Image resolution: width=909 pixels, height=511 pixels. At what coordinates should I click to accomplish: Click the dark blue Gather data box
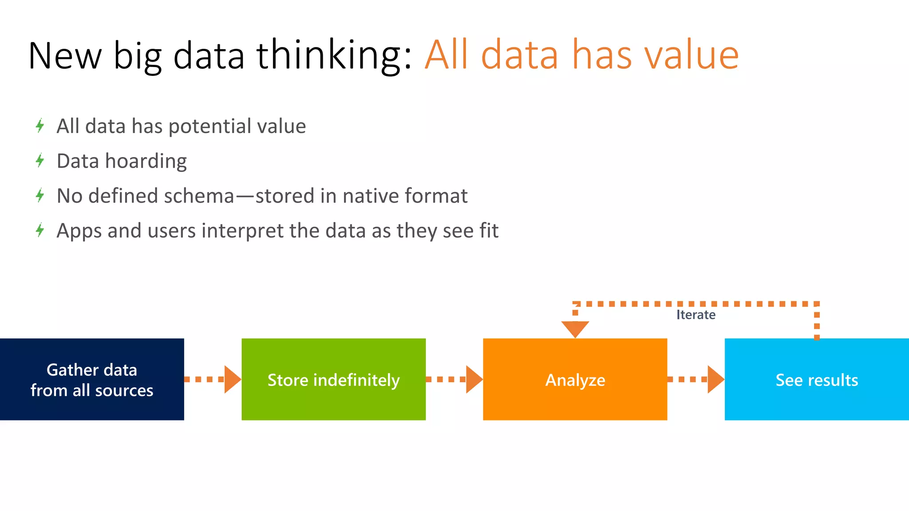pos(92,379)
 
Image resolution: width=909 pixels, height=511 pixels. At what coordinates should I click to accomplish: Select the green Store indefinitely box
pos(333,379)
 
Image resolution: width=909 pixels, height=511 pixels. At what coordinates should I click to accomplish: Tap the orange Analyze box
pos(575,379)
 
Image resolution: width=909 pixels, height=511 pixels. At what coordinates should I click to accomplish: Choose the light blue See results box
pos(817,379)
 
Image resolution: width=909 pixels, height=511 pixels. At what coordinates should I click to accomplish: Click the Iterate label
pos(696,315)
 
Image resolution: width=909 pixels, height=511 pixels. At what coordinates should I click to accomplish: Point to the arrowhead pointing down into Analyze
pos(575,329)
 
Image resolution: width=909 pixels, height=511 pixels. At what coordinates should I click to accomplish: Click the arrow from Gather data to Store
pos(212,379)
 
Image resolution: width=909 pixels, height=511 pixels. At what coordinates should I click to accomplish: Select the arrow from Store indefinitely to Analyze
pos(454,379)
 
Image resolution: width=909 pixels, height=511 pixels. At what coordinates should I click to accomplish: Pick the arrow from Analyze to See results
pos(696,379)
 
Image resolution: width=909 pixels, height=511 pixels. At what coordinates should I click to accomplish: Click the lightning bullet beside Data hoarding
pos(40,160)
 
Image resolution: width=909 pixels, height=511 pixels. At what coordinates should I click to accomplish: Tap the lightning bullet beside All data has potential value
pos(40,126)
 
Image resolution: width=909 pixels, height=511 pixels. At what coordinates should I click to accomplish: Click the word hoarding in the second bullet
pos(146,161)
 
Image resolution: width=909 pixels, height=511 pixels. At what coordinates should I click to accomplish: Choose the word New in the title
pos(65,56)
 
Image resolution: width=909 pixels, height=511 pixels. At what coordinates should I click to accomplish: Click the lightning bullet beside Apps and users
pos(40,230)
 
